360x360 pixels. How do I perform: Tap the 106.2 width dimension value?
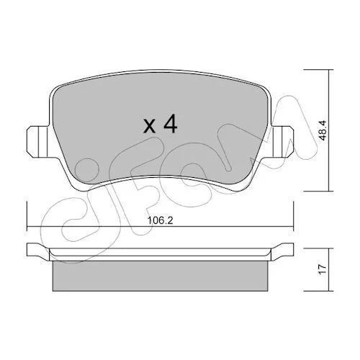160,220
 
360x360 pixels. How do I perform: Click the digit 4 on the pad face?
171,124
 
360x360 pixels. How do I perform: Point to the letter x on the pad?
149,127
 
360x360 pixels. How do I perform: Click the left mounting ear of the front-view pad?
38,142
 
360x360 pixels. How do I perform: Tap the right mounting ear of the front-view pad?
282,142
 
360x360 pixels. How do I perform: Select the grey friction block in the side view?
160,276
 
